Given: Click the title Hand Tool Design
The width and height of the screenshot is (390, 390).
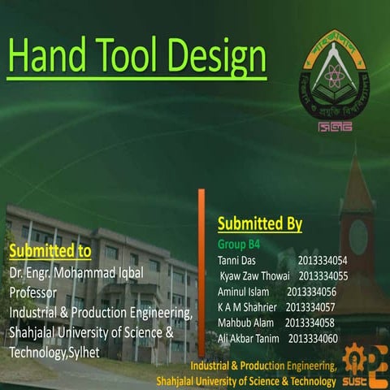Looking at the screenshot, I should click(x=136, y=56).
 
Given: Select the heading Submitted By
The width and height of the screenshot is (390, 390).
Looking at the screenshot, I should click(x=260, y=223).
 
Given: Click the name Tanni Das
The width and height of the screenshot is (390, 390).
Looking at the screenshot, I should click(x=237, y=261).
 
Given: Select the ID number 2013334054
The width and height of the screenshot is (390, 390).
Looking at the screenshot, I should click(x=323, y=261).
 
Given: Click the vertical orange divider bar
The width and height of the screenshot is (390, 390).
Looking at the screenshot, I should click(x=201, y=260).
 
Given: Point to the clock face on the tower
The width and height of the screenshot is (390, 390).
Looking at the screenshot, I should click(x=358, y=236).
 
